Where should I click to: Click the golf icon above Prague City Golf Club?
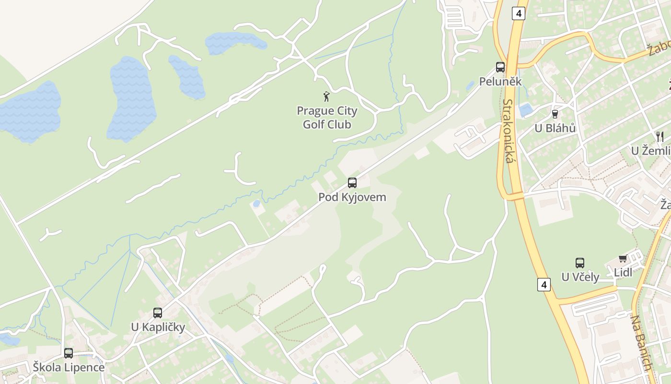tap(327, 96)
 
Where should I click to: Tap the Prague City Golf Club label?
tap(327, 118)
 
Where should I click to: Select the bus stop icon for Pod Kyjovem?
tap(352, 182)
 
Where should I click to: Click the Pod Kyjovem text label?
tap(352, 197)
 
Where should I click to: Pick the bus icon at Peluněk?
tap(500, 67)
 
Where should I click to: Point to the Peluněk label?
tap(500, 82)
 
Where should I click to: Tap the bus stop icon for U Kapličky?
tap(158, 313)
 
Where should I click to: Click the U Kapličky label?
tap(158, 327)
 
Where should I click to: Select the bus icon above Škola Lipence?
tap(69, 353)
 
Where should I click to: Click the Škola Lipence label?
tap(69, 368)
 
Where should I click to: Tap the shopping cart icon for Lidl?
tap(623, 259)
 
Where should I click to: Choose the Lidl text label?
tap(623, 273)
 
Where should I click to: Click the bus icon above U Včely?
tap(580, 263)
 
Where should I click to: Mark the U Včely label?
tap(580, 277)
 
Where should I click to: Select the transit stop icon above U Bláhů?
tap(555, 114)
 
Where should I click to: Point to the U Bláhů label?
tap(555, 128)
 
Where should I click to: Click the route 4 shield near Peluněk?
tap(518, 13)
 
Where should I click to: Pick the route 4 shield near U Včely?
tap(544, 285)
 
